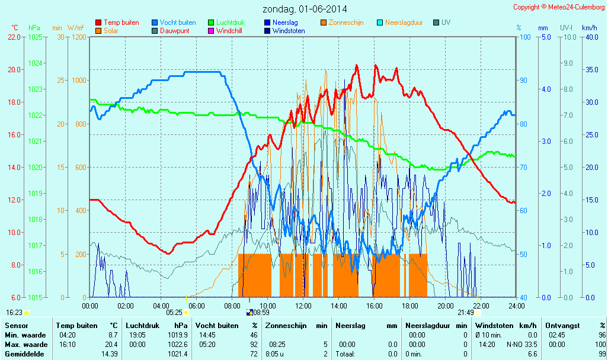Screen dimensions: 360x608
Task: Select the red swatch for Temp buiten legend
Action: pos(98,22)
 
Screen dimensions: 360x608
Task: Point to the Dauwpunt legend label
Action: pos(174,31)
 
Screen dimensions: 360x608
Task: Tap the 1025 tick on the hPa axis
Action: pos(35,37)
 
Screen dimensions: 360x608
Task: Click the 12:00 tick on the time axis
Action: pos(303,306)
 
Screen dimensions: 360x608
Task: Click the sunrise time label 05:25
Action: pos(174,312)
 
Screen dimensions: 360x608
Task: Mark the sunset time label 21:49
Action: pos(465,312)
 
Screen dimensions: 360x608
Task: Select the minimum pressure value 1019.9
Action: pos(178,335)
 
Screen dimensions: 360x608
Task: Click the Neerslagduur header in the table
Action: pos(428,326)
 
